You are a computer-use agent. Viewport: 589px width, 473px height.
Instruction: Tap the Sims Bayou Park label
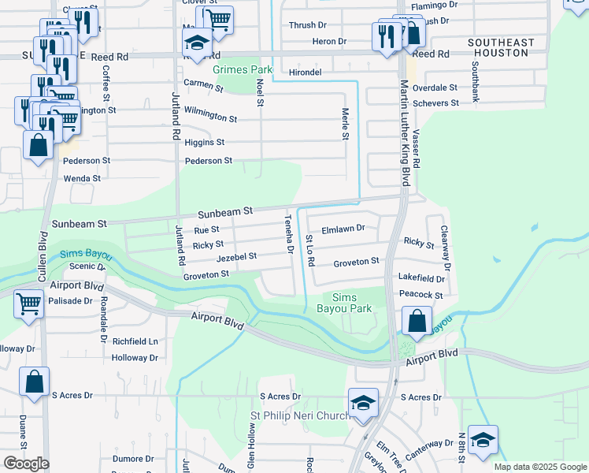[350, 303]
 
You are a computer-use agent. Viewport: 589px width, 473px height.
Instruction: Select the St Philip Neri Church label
[299, 415]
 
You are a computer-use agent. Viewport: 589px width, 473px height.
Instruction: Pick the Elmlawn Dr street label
[343, 229]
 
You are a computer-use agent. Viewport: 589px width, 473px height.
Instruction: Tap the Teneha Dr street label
[289, 234]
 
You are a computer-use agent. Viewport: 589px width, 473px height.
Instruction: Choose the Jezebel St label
[237, 257]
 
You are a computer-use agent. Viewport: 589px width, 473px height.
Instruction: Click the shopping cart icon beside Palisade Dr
[29, 303]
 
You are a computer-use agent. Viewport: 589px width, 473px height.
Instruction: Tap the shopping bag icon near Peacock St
[417, 321]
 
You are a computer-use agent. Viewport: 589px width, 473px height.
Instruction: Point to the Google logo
[26, 464]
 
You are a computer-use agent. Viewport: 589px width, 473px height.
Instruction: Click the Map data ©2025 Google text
[539, 467]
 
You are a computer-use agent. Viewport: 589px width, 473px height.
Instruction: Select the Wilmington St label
[210, 118]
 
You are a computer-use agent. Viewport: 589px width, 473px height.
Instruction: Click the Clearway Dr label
[445, 249]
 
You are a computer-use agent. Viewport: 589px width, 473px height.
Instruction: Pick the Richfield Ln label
[135, 342]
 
